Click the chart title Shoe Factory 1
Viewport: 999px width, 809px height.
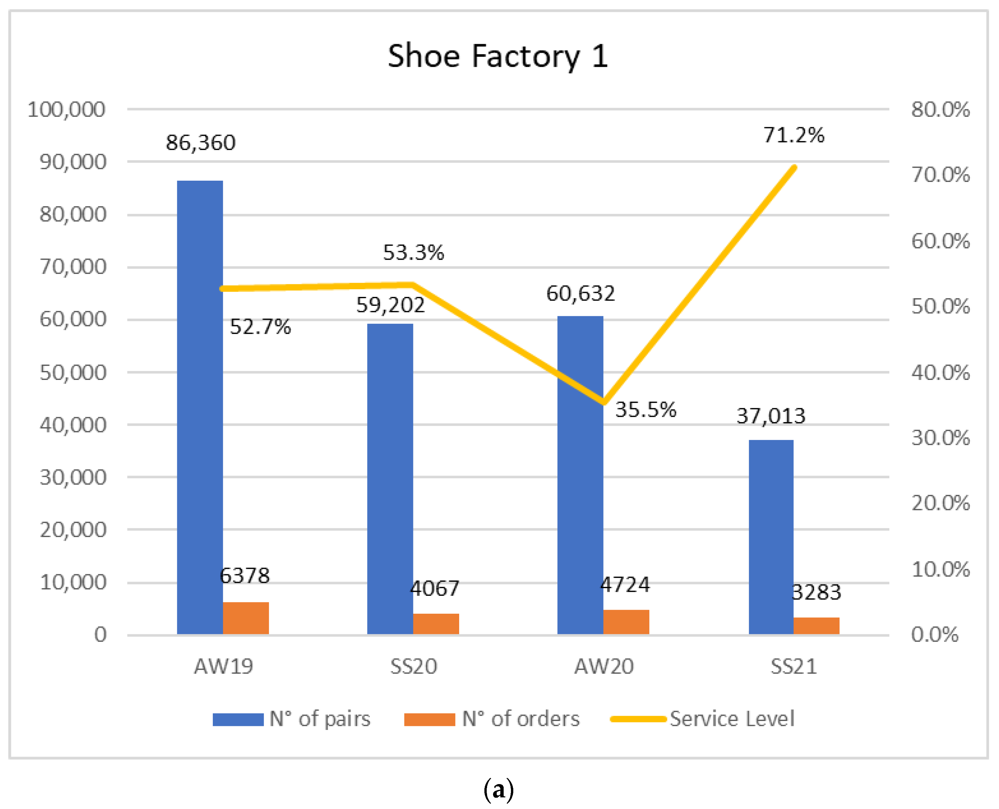[x=498, y=56]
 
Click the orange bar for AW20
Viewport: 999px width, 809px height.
[x=626, y=622]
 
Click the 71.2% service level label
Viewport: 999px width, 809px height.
[x=793, y=135]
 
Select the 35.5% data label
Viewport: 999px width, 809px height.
[x=646, y=409]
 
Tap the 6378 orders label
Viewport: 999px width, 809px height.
[x=245, y=576]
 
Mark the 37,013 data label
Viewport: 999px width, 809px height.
[x=771, y=416]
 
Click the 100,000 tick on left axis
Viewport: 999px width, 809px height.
[x=67, y=110]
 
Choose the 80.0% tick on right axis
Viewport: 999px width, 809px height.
[x=940, y=110]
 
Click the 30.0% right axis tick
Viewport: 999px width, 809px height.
[x=940, y=438]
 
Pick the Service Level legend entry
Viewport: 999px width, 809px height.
[x=703, y=719]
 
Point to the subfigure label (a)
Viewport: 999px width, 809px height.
[x=499, y=789]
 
